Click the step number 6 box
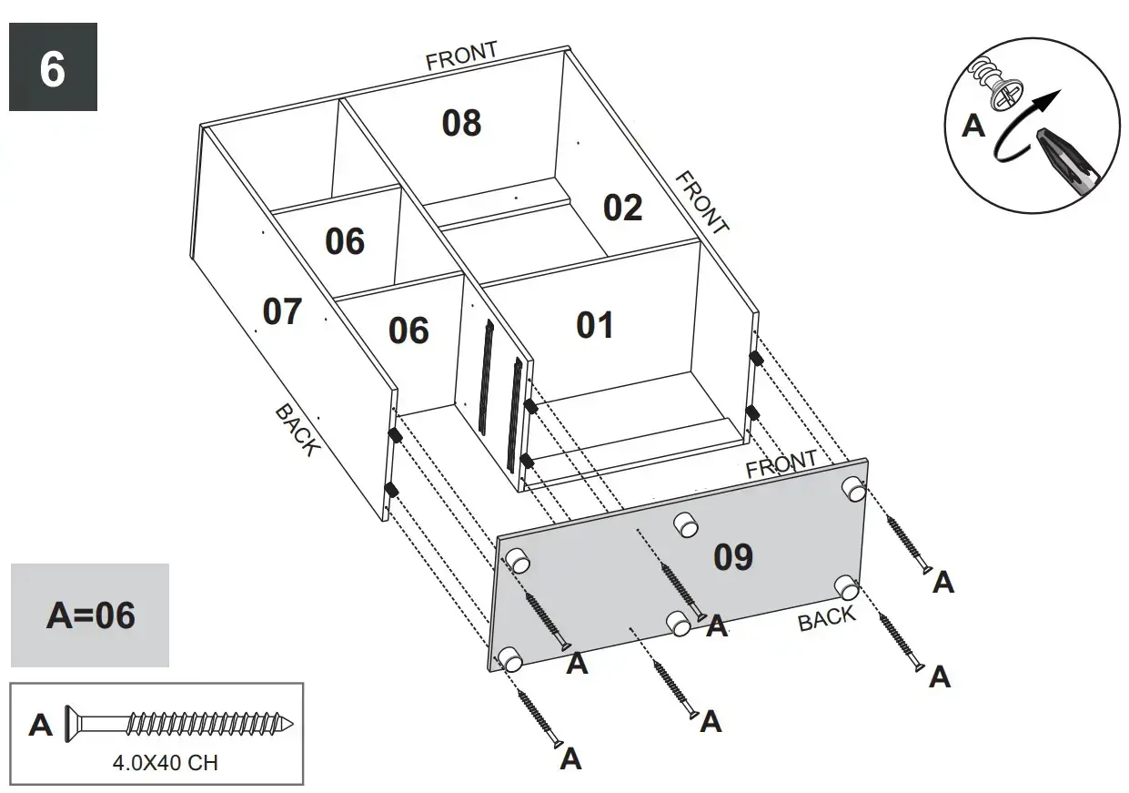[53, 67]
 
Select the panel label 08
[461, 123]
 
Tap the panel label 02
[623, 208]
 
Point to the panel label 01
[595, 325]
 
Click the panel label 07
[282, 311]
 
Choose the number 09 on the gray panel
[733, 556]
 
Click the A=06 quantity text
[90, 615]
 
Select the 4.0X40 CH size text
[165, 763]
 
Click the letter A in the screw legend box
[41, 726]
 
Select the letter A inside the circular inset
[973, 126]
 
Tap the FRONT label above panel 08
[462, 56]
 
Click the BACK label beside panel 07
[297, 430]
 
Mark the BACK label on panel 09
[827, 618]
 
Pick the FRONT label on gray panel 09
[781, 464]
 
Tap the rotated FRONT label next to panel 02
[701, 202]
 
